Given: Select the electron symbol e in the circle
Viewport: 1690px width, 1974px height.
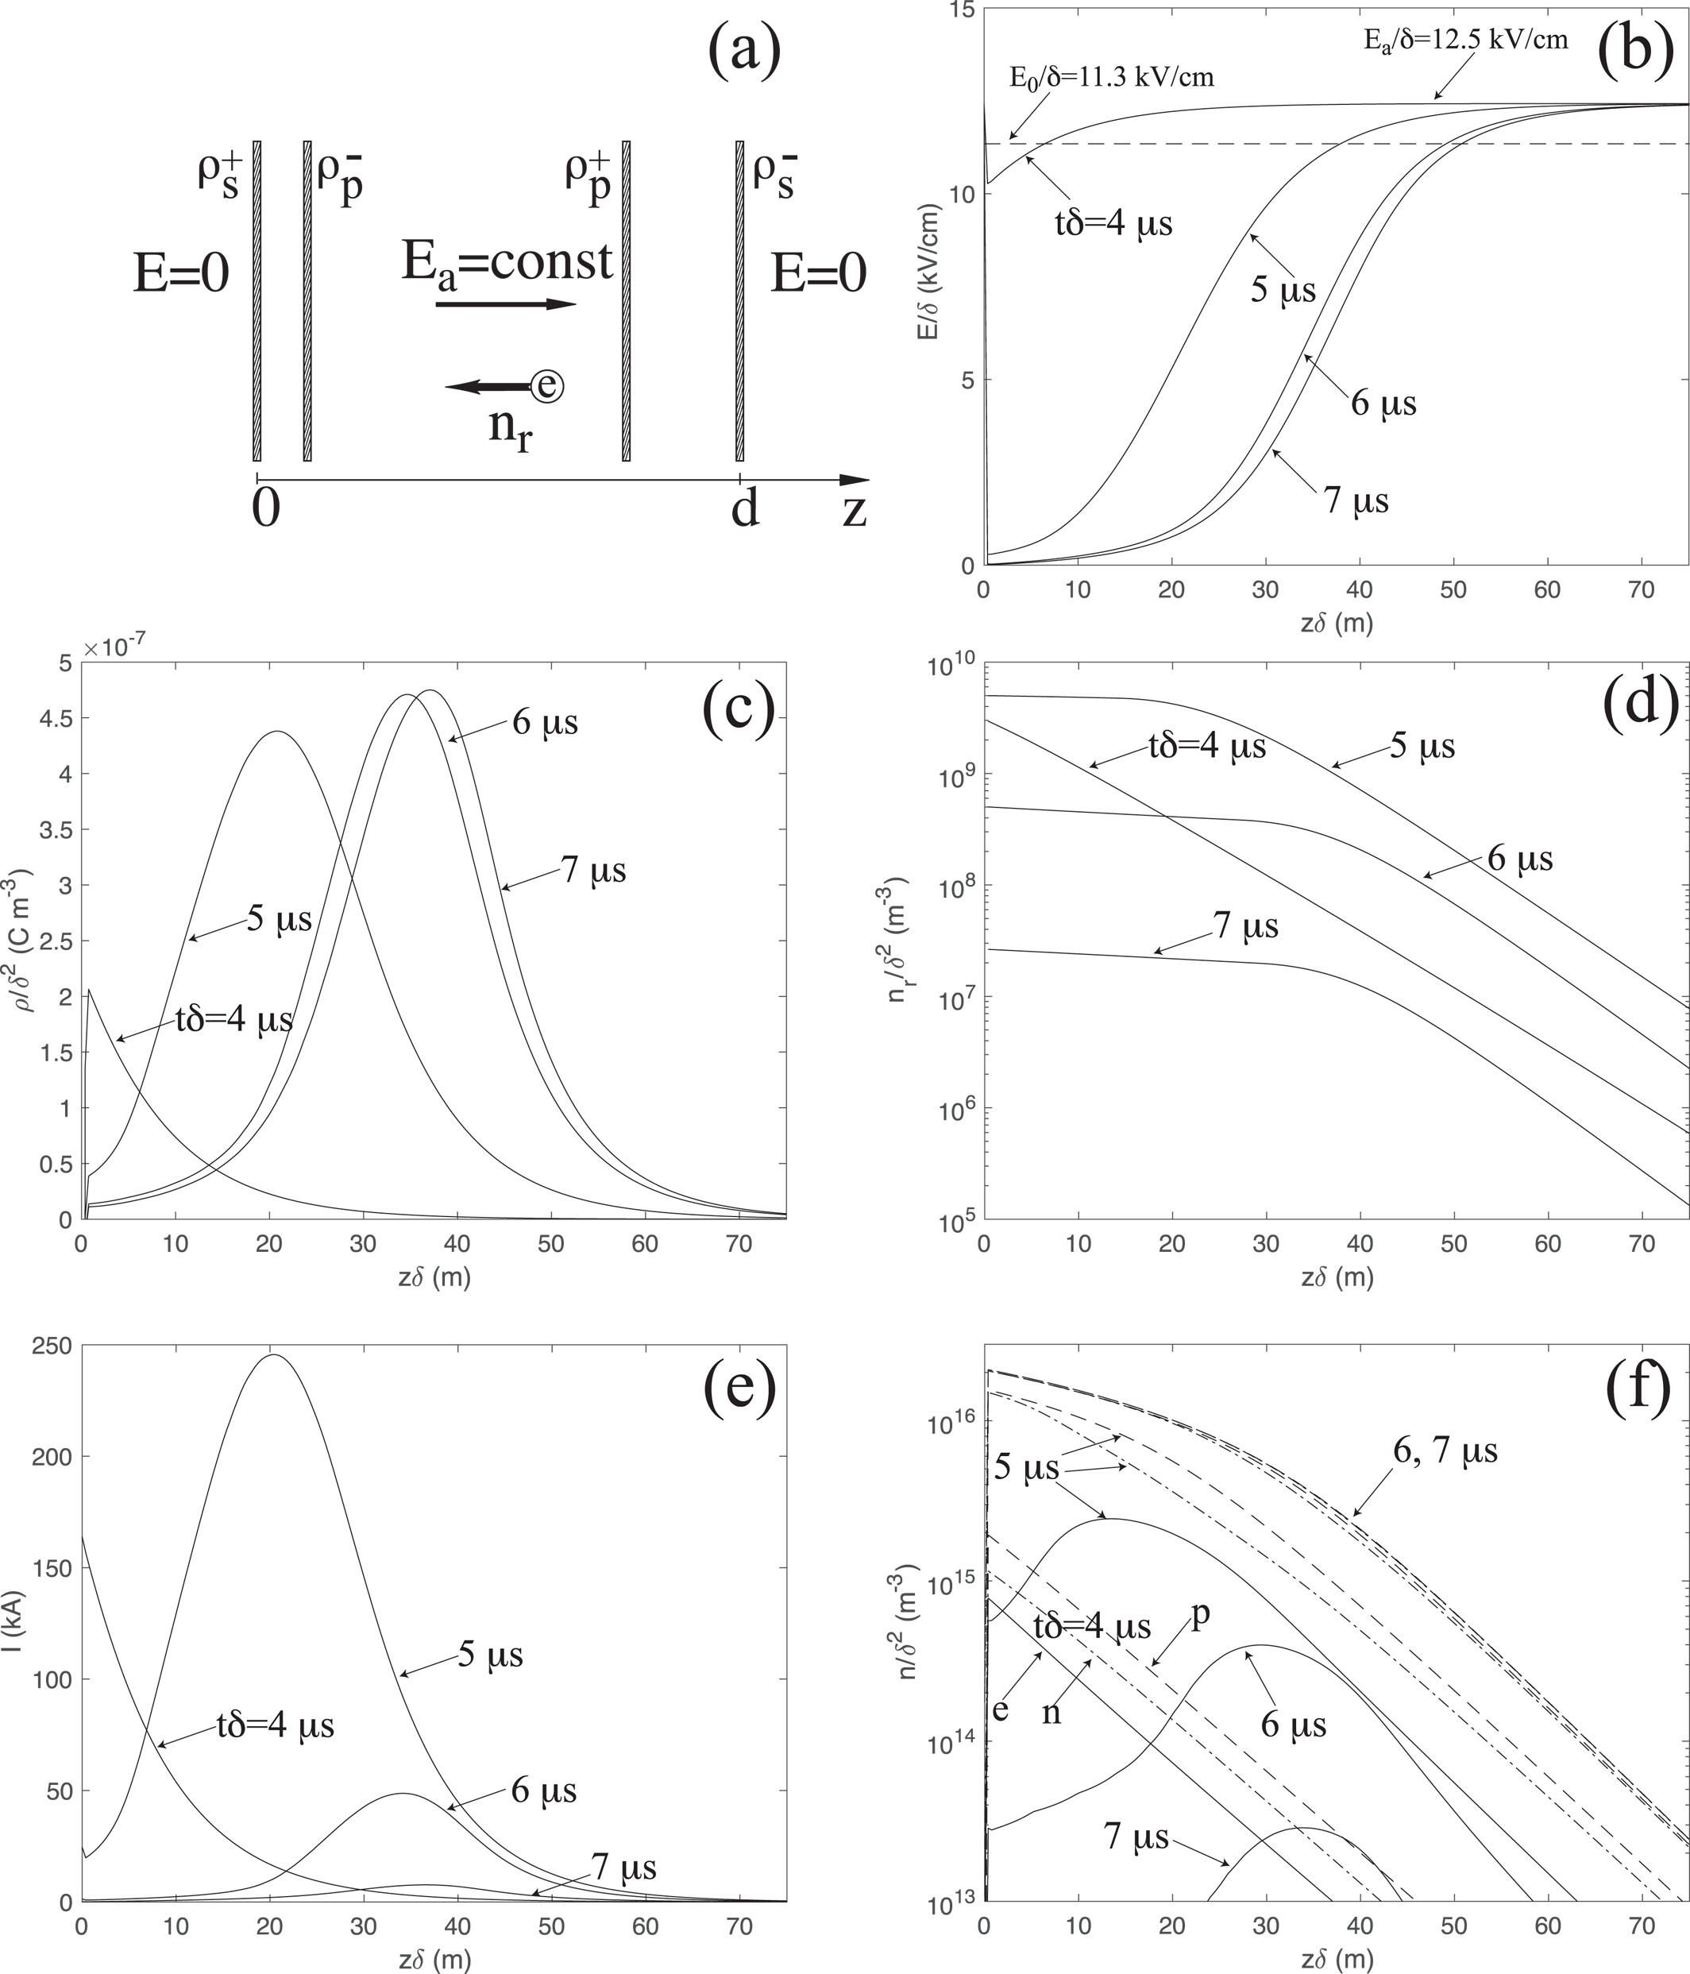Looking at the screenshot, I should click(547, 385).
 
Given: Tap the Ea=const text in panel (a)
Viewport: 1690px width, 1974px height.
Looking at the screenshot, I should click(506, 261).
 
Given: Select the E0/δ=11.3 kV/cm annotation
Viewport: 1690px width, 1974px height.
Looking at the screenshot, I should click(1111, 77).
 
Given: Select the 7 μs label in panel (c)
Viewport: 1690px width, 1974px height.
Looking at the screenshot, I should click(593, 870).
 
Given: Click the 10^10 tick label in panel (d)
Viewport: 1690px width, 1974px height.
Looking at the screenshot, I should click(949, 667).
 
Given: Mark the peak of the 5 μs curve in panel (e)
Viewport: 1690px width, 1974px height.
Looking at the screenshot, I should click(273, 1354).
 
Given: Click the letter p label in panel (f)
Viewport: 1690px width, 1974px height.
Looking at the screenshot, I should click(1202, 1619).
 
